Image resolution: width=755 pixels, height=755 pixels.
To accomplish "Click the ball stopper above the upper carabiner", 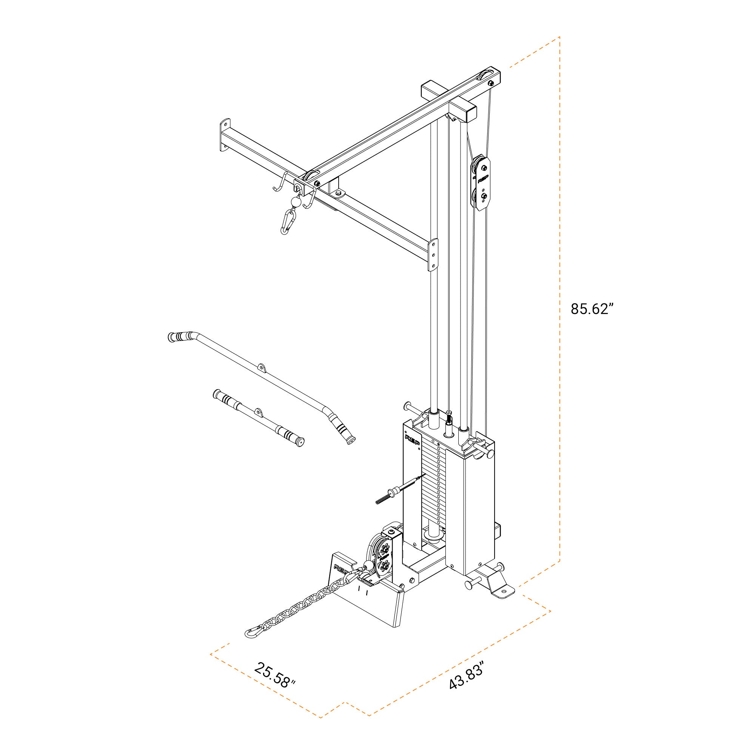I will (x=296, y=202).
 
